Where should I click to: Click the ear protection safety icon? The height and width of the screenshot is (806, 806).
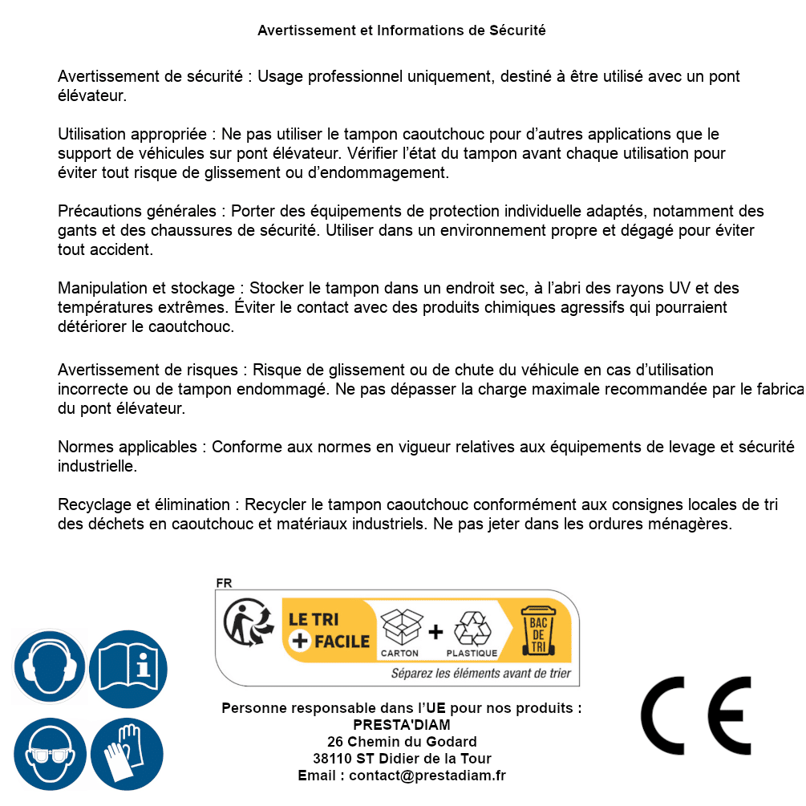pos(50,667)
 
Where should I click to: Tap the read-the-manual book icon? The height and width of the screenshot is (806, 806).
pos(128,667)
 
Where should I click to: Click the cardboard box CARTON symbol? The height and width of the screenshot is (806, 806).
pos(399,630)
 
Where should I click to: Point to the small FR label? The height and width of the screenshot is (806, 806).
pos(224,583)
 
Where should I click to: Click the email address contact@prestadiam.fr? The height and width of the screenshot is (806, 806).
pos(427,776)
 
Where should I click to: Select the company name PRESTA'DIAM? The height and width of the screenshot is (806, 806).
pos(401,725)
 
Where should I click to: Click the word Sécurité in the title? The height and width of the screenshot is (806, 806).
pos(516,30)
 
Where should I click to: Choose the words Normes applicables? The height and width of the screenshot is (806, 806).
pos(128,447)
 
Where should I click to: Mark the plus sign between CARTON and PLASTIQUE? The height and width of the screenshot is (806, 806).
pos(435,632)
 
